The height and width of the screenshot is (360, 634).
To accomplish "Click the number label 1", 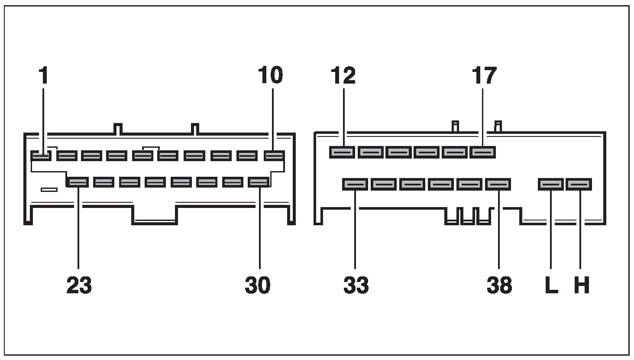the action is pyautogui.click(x=43, y=75).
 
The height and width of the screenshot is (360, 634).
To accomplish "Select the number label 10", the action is pyautogui.click(x=270, y=75).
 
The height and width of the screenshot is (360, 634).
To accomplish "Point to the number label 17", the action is pyautogui.click(x=484, y=75).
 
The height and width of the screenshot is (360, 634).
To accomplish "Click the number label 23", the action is pyautogui.click(x=79, y=285).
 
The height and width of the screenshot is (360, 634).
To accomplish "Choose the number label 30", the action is pyautogui.click(x=258, y=285).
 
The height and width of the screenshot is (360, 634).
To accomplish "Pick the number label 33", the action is pyautogui.click(x=356, y=285).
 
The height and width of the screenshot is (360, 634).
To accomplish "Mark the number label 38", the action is pyautogui.click(x=499, y=285).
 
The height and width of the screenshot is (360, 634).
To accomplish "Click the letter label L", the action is pyautogui.click(x=551, y=285).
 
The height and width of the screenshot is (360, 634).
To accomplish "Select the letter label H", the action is pyautogui.click(x=581, y=285).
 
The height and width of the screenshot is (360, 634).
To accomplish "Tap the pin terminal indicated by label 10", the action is pyautogui.click(x=274, y=155).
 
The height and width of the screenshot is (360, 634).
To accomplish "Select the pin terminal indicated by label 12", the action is pyautogui.click(x=342, y=152).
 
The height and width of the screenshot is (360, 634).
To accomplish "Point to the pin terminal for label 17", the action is pyautogui.click(x=483, y=152).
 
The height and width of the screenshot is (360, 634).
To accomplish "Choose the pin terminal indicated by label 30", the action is pyautogui.click(x=259, y=182).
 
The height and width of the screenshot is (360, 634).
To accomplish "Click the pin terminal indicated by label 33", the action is pyautogui.click(x=355, y=185).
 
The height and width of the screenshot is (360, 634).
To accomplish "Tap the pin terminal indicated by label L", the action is pyautogui.click(x=550, y=185).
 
